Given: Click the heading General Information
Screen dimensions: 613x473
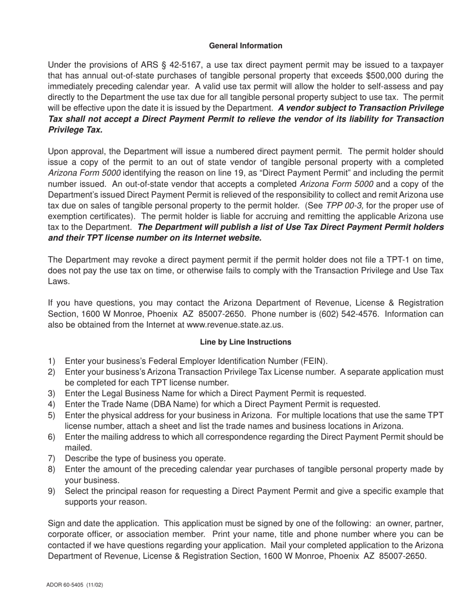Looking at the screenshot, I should point(245,46).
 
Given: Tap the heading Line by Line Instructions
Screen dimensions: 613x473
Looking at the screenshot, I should point(245,342).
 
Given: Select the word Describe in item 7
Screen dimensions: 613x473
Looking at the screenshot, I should point(82,459).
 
